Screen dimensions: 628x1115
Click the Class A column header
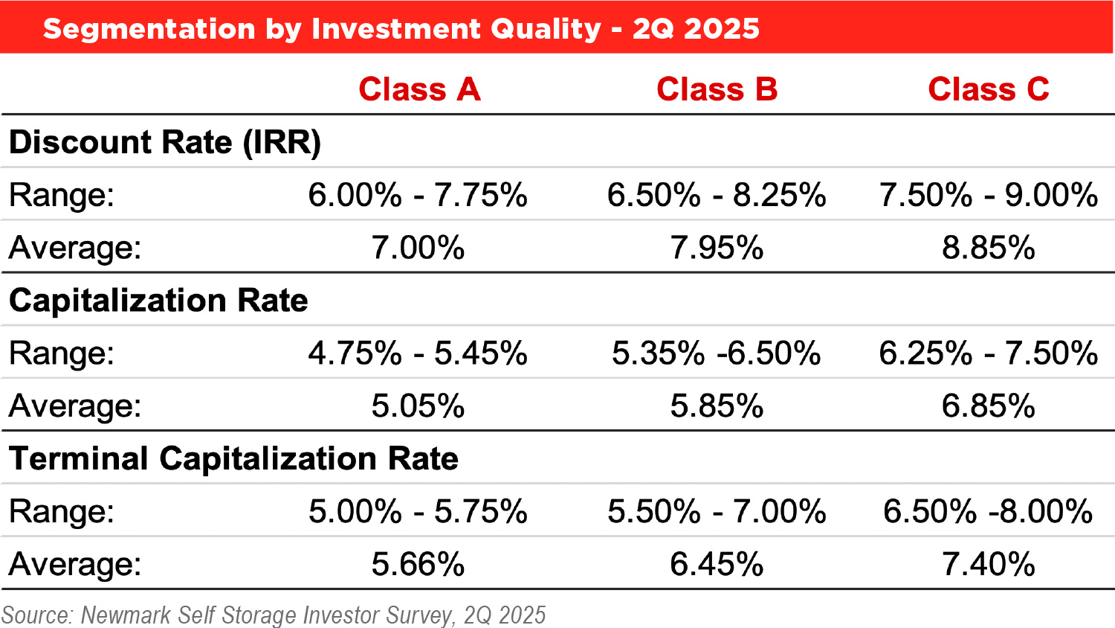point(419,89)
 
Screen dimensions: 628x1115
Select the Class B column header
point(717,89)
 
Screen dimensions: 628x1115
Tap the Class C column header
point(988,89)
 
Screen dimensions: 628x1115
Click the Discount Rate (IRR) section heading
point(165,142)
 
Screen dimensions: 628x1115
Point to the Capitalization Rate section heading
point(158,301)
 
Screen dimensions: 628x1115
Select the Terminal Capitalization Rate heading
point(233,458)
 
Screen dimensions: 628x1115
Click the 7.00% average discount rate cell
point(418,248)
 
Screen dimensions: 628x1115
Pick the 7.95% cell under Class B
point(717,248)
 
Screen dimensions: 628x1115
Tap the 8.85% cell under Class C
point(988,248)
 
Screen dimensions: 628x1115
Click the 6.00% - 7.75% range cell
point(418,195)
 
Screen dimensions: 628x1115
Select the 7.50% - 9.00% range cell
point(988,195)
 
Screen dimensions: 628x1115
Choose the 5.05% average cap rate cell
point(418,406)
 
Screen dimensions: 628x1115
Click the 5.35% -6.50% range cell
point(717,353)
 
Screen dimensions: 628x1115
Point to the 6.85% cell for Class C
point(988,406)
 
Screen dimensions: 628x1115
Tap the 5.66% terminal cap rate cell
point(418,564)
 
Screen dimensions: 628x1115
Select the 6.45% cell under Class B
point(717,564)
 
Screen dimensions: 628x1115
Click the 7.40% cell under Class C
point(988,564)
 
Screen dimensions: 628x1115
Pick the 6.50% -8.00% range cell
point(988,512)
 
